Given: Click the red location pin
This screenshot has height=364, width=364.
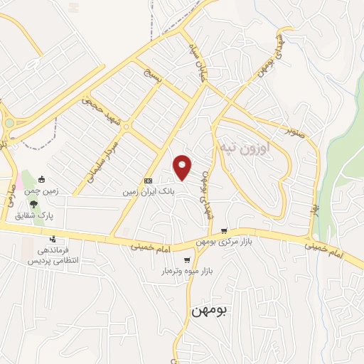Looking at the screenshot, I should pos(183,166).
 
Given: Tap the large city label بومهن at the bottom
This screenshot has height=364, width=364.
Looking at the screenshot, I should pos(213,311).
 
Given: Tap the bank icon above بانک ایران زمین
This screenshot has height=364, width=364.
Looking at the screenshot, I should pos(148,181).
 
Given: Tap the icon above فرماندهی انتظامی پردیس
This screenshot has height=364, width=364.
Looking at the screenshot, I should pos(52,239).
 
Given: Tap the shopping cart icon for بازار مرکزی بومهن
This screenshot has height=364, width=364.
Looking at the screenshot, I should pos(225,230).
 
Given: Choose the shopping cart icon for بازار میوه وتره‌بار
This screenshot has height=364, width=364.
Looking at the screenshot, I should pos(187,260).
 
